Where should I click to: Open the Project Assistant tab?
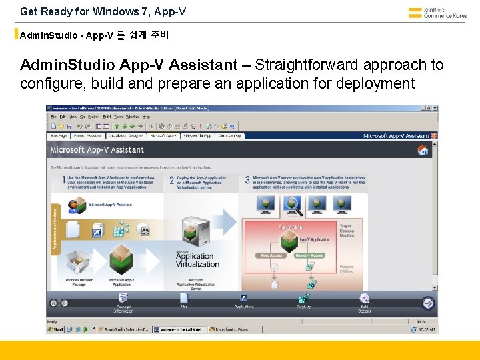coord(88,135)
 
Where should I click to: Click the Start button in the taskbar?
coord(57,329)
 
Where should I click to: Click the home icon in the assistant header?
coord(422,150)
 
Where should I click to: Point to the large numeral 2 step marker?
coord(171,180)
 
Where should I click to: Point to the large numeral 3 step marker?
coord(247,180)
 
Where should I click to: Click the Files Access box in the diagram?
coord(271,255)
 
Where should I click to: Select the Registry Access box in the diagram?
coord(308,255)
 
